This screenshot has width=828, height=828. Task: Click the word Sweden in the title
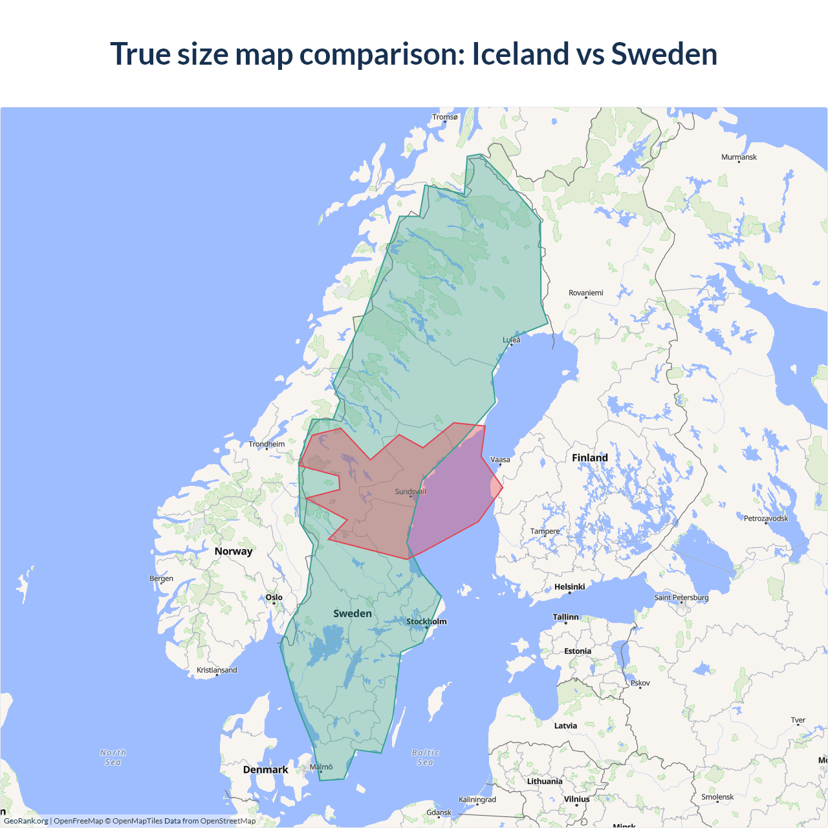tap(664, 54)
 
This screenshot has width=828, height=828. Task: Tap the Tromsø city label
tap(445, 117)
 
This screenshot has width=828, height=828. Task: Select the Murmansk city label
tap(739, 157)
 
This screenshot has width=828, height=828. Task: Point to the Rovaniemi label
tap(585, 293)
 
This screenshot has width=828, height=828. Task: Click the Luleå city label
tap(512, 340)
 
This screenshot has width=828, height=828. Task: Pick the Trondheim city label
tap(267, 444)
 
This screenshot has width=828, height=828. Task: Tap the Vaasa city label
tap(500, 460)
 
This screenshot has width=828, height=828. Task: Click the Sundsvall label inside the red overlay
tap(411, 492)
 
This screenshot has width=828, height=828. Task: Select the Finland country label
tap(589, 458)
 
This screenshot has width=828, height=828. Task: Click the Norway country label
tap(234, 551)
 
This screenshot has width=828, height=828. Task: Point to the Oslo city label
tap(274, 598)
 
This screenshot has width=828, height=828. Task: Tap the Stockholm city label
tap(426, 622)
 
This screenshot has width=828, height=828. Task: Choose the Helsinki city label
tap(569, 587)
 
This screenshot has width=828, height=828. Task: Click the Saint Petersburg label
tap(681, 597)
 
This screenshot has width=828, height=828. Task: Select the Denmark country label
tap(265, 770)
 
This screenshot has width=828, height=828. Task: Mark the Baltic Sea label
tap(425, 757)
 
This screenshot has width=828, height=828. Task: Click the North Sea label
tap(113, 757)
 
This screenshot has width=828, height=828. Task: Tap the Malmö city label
tap(321, 767)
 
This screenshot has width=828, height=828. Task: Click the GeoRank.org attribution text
tap(26, 821)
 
